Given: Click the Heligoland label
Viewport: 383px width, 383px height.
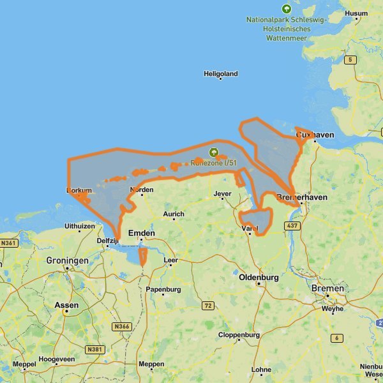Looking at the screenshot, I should point(220,74).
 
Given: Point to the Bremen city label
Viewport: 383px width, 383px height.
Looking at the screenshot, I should point(328,289).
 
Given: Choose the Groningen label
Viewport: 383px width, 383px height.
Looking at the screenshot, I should point(67,261).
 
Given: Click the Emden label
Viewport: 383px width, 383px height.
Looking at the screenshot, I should point(142,234).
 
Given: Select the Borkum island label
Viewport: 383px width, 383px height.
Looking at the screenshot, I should point(79,191).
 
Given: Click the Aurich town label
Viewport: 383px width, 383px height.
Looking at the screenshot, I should point(174,214).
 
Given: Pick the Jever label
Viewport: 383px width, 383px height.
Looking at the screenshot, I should point(222,193).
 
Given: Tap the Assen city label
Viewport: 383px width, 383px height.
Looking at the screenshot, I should point(67,305).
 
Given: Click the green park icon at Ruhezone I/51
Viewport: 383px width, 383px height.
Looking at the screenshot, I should point(214,153).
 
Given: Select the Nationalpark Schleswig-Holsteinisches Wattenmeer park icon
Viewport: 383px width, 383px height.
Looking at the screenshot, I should point(287,8).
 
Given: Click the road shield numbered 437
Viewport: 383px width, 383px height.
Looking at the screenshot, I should point(293,226).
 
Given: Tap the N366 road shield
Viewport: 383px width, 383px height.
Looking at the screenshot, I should point(122,327).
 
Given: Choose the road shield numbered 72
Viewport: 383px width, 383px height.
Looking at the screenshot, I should point(207,306).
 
